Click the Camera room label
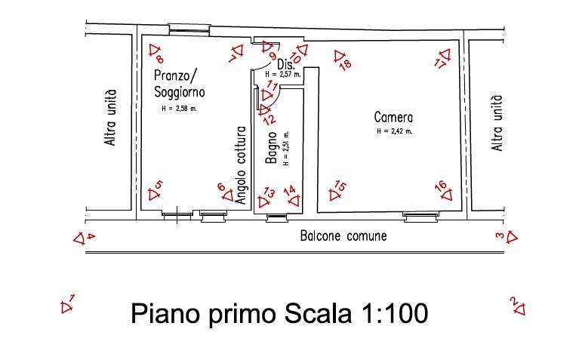(393, 118)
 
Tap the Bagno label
(272, 148)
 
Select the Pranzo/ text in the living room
(177, 76)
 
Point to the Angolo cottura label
(241, 165)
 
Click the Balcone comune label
(343, 236)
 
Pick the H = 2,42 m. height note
(394, 131)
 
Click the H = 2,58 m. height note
(180, 109)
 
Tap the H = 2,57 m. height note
(283, 74)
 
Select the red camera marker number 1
(68, 304)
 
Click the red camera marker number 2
(518, 306)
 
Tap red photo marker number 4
(84, 238)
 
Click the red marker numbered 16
(444, 190)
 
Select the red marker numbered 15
(337, 190)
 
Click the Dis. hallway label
(286, 64)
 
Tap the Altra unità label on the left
(110, 118)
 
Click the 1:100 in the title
(394, 313)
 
